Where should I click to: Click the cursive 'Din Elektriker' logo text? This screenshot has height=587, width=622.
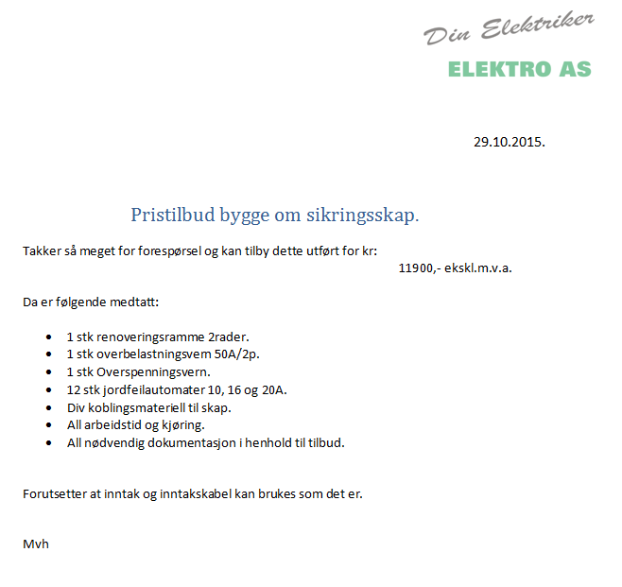pos(509,28)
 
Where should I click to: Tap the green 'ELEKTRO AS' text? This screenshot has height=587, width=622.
pos(519,69)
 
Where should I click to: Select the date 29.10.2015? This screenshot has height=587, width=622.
pos(509,142)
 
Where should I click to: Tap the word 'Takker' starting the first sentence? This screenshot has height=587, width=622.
pos(42,250)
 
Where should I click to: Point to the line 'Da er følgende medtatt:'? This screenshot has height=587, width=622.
pos(91,303)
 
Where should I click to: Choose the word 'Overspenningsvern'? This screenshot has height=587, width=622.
pos(155,372)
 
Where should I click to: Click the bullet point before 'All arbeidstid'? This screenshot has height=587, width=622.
pos(48,425)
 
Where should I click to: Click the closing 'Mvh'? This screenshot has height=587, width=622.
pos(35,544)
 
